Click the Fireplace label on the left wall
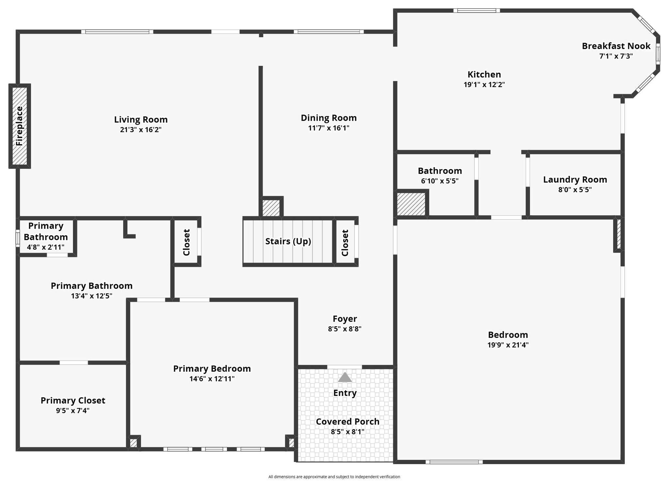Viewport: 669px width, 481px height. (x=20, y=126)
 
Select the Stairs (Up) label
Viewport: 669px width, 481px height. (x=288, y=241)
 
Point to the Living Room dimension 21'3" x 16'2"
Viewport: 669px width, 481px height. (x=140, y=130)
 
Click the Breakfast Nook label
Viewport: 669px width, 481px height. (x=616, y=46)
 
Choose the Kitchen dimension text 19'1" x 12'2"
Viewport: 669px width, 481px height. (x=484, y=85)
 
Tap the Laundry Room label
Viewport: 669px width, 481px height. (x=575, y=179)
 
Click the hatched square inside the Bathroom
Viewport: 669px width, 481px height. (x=411, y=204)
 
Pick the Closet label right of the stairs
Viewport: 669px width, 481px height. (x=345, y=243)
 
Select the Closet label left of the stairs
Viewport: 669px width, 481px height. (x=186, y=242)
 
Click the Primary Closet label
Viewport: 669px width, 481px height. (x=73, y=400)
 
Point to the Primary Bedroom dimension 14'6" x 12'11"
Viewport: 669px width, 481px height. (x=212, y=379)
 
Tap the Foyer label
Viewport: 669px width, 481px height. (x=345, y=318)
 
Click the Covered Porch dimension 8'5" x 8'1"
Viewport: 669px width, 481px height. (x=347, y=432)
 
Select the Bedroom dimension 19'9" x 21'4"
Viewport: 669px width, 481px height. (x=508, y=345)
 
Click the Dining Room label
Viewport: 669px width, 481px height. (x=328, y=118)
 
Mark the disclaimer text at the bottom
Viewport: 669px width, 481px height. (x=334, y=477)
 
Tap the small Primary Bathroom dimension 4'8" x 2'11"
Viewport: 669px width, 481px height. (x=45, y=247)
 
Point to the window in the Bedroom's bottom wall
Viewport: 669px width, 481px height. (x=454, y=462)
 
